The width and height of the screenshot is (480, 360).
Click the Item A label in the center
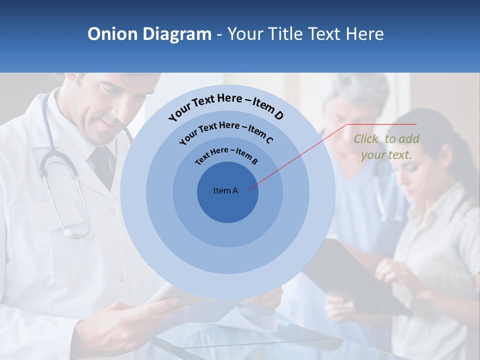click(x=225, y=190)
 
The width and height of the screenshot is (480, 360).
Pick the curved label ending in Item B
click(x=226, y=154)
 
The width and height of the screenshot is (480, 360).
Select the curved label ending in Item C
click(x=226, y=132)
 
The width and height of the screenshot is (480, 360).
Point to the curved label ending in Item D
click(x=226, y=106)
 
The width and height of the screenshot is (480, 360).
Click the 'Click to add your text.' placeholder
click(x=386, y=146)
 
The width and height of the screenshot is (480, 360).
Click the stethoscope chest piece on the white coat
click(x=67, y=231)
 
